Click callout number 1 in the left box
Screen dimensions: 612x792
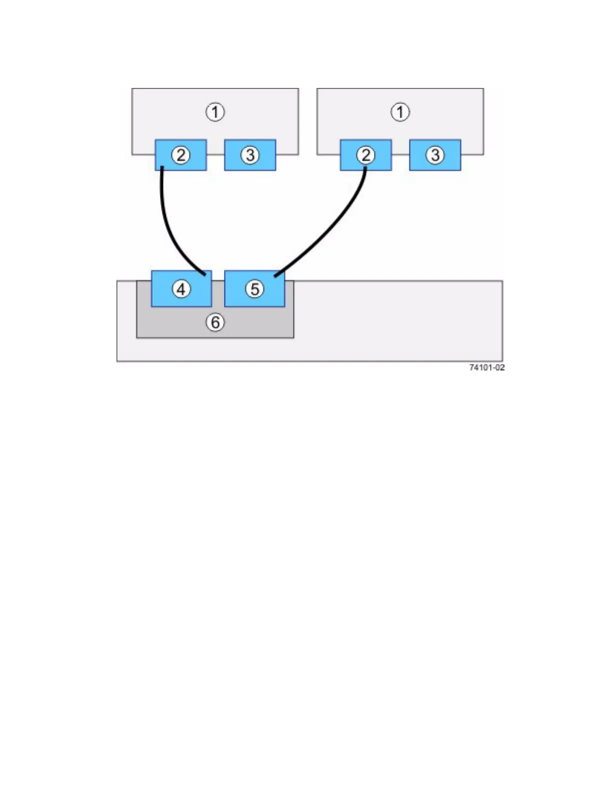tap(215, 111)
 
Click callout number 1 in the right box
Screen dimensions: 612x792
tap(400, 111)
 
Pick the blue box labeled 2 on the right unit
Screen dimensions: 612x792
tap(380, 162)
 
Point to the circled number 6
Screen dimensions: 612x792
tap(215, 322)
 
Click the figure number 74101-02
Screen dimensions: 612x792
tap(486, 367)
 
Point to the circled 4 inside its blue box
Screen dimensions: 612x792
tap(181, 288)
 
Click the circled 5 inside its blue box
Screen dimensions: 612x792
tap(254, 288)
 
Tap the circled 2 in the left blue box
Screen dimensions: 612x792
tap(181, 155)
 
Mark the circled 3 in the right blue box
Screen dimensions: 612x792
tap(435, 155)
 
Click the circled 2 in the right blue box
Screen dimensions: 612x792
tap(365, 155)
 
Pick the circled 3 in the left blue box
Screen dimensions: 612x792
tap(250, 155)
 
